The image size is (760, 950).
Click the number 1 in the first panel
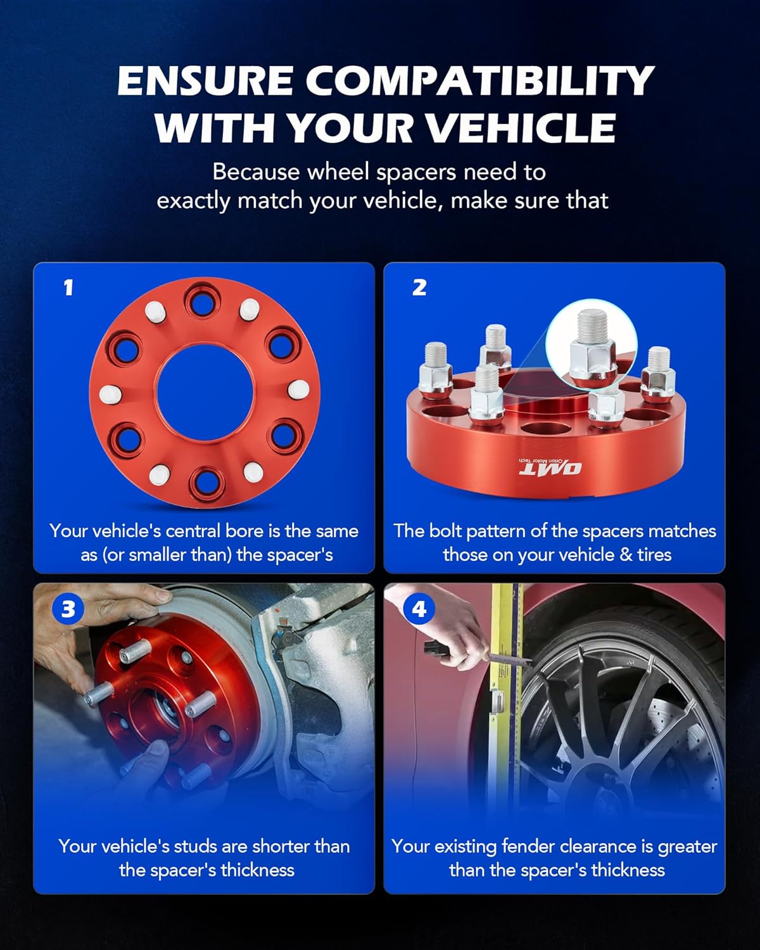(68, 288)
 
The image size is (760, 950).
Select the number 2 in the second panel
(419, 288)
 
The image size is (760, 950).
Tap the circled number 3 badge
(68, 609)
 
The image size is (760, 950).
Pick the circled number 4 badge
(419, 609)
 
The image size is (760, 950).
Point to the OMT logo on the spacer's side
(550, 468)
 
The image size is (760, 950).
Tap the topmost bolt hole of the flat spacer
(202, 302)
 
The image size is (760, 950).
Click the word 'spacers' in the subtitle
(419, 172)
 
